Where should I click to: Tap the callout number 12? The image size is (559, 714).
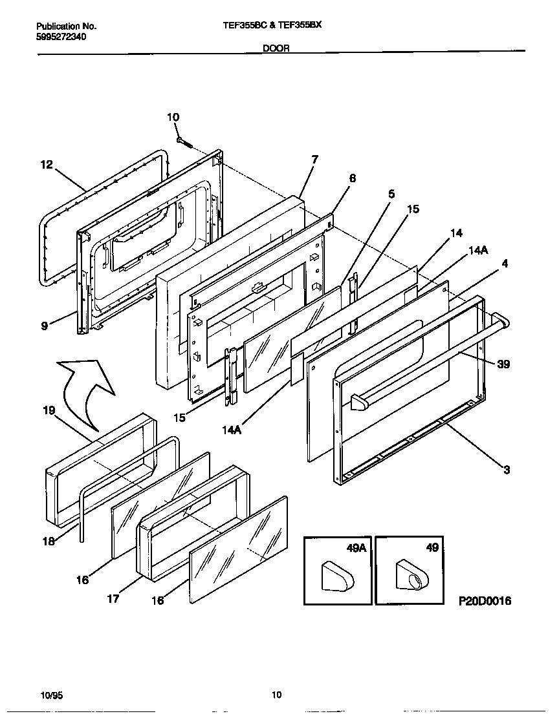46,165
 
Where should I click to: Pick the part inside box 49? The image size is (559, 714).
410,574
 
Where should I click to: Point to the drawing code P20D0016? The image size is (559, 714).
485,601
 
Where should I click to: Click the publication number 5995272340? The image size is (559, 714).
61,37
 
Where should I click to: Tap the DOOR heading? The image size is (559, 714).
276,48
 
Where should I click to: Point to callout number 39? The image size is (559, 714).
503,364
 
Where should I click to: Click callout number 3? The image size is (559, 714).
507,470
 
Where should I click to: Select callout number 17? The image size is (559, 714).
114,599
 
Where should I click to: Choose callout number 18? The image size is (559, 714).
49,541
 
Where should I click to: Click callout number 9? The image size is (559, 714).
44,327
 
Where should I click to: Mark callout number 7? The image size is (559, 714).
314,159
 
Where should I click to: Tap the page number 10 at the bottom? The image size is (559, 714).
276,695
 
